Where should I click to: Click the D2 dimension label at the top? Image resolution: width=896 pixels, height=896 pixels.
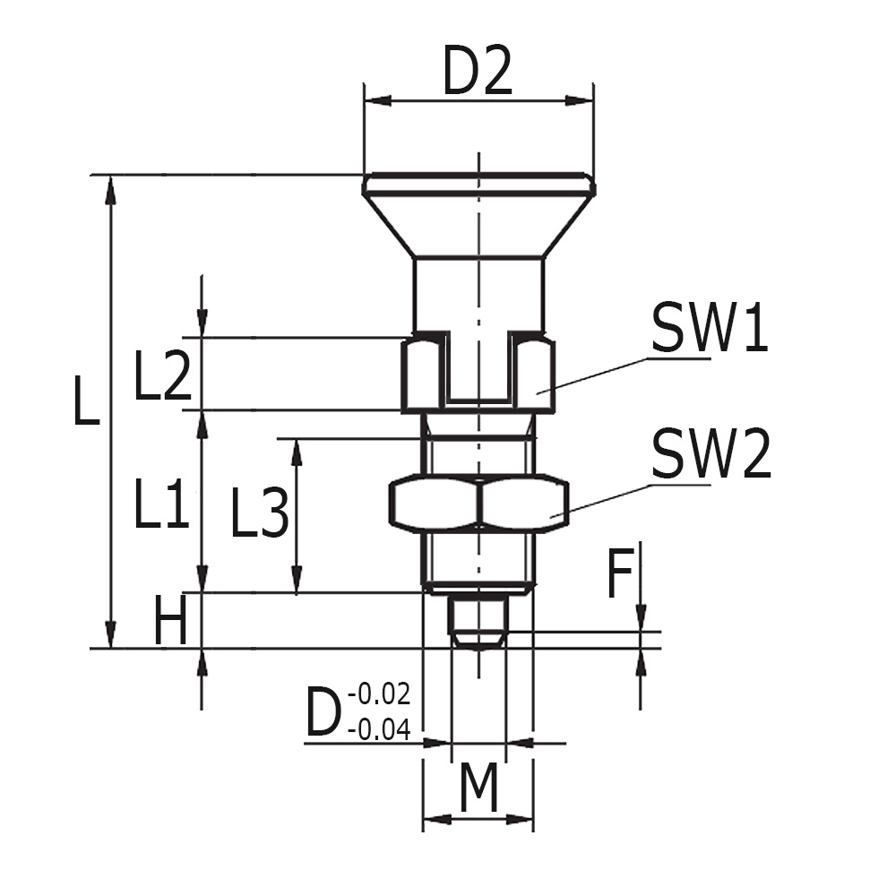pyautogui.click(x=478, y=74)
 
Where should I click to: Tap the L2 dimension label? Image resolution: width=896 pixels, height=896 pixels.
pyautogui.click(x=162, y=377)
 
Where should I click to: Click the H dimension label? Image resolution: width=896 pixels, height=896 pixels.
pyautogui.click(x=170, y=621)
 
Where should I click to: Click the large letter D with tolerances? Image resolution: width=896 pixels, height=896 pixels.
pyautogui.click(x=323, y=714)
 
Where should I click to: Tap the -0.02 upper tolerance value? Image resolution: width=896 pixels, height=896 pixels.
pyautogui.click(x=379, y=694)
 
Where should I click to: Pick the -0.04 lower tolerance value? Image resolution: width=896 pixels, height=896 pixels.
pyautogui.click(x=379, y=730)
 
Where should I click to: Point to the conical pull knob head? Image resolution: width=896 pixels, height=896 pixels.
pyautogui.click(x=478, y=220)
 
